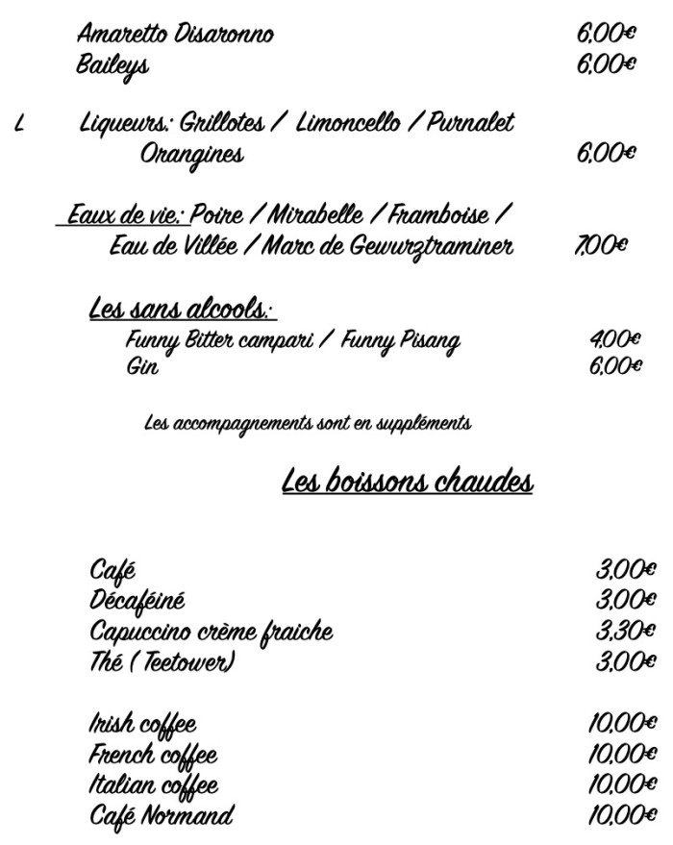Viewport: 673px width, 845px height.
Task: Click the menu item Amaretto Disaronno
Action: point(174,36)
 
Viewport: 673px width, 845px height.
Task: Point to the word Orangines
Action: point(191,154)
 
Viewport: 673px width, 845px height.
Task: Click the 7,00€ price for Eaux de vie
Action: point(601,246)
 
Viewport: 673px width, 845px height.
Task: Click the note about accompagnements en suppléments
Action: point(308,422)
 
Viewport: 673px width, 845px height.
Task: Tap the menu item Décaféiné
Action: point(137,601)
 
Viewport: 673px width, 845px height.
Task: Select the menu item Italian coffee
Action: point(153,785)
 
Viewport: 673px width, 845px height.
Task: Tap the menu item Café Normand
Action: point(161,817)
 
